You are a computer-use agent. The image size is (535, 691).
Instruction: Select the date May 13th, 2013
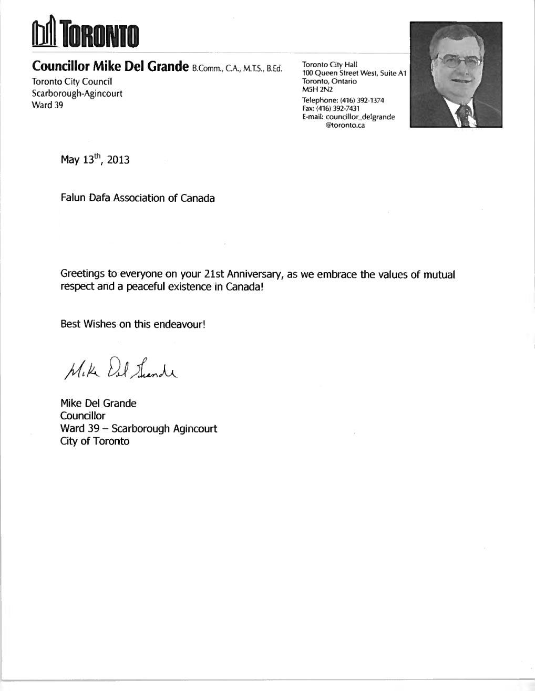click(x=95, y=159)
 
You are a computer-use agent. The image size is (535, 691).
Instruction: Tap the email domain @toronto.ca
click(x=345, y=126)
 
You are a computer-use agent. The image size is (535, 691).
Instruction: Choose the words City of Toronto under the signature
click(x=95, y=441)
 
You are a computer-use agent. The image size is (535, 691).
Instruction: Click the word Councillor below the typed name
click(x=83, y=416)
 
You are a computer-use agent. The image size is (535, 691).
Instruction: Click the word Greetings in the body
click(x=83, y=275)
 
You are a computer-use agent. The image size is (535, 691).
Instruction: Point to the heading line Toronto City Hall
click(x=330, y=65)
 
